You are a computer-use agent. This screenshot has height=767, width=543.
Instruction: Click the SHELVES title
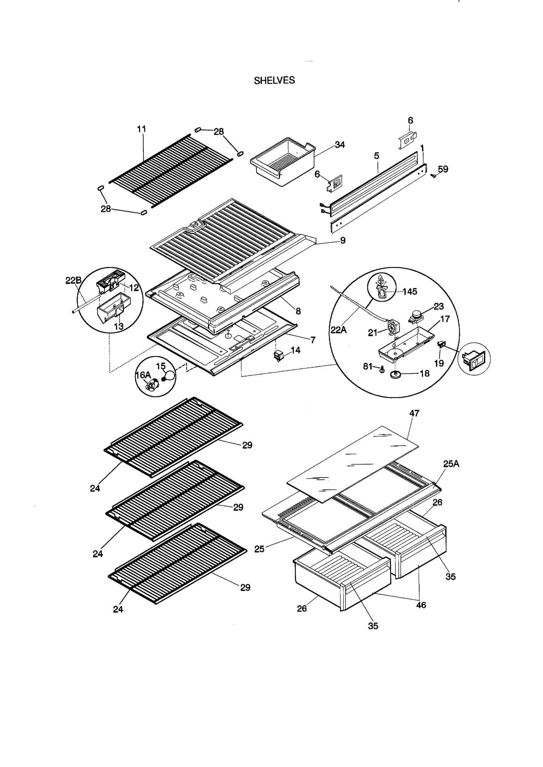pos(274,80)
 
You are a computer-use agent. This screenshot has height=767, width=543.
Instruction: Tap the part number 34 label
pos(339,145)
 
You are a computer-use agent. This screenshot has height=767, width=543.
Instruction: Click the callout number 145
pos(410,291)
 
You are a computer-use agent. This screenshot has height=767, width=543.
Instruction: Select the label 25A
pos(451,464)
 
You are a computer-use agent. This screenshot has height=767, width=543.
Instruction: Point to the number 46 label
pos(421,605)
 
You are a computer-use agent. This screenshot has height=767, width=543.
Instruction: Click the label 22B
pos(73,280)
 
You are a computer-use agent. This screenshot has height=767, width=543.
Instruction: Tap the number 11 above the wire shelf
pos(142,129)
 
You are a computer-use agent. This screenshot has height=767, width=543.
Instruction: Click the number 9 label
pos(343,240)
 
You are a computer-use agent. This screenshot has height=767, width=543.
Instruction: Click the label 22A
pos(338,329)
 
